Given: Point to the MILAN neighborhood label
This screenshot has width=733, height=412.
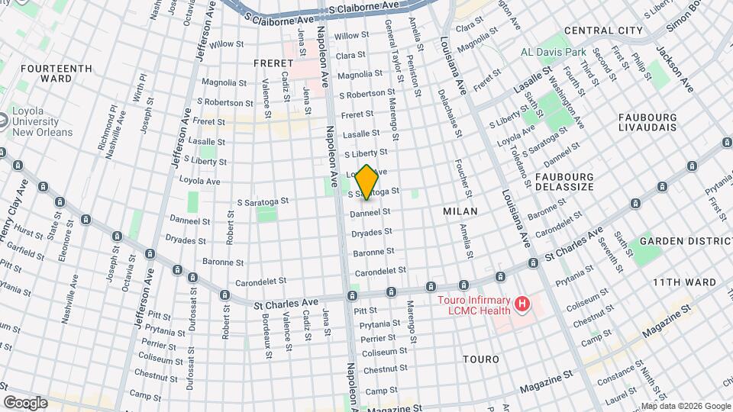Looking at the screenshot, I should point(460,211).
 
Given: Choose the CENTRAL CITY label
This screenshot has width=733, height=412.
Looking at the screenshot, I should point(603,31).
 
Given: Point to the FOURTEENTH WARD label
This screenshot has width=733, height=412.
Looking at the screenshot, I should point(46,73).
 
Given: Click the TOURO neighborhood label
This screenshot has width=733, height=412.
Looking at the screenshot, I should point(481,359).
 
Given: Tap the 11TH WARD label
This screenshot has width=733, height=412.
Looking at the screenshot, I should point(684,282).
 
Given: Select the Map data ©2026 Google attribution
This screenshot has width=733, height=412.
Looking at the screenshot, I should point(686,406).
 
